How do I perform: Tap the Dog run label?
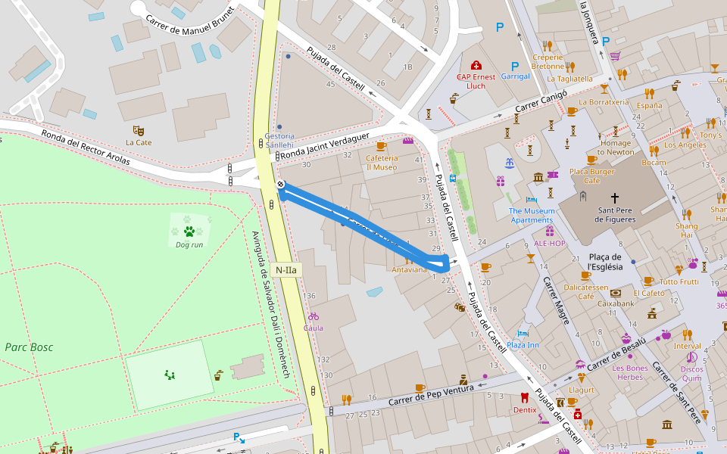pyautogui.click(x=189, y=244)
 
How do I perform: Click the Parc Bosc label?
pyautogui.click(x=29, y=347)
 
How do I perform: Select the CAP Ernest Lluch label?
pyautogui.click(x=476, y=81)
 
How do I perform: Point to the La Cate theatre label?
pyautogui.click(x=139, y=142)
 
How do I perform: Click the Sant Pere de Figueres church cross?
pyautogui.click(x=614, y=197)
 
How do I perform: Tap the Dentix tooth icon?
pyautogui.click(x=524, y=397)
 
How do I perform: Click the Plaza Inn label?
pyautogui.click(x=523, y=345)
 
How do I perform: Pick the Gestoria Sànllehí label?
pyautogui.click(x=279, y=140)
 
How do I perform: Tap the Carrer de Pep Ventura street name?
pyautogui.click(x=430, y=393)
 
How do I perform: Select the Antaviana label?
pyautogui.click(x=410, y=269)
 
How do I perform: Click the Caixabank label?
pyautogui.click(x=615, y=303)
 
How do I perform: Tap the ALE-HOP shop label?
pyautogui.click(x=549, y=243)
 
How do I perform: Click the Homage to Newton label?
pyautogui.click(x=615, y=147)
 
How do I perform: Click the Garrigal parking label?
pyautogui.click(x=515, y=76)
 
